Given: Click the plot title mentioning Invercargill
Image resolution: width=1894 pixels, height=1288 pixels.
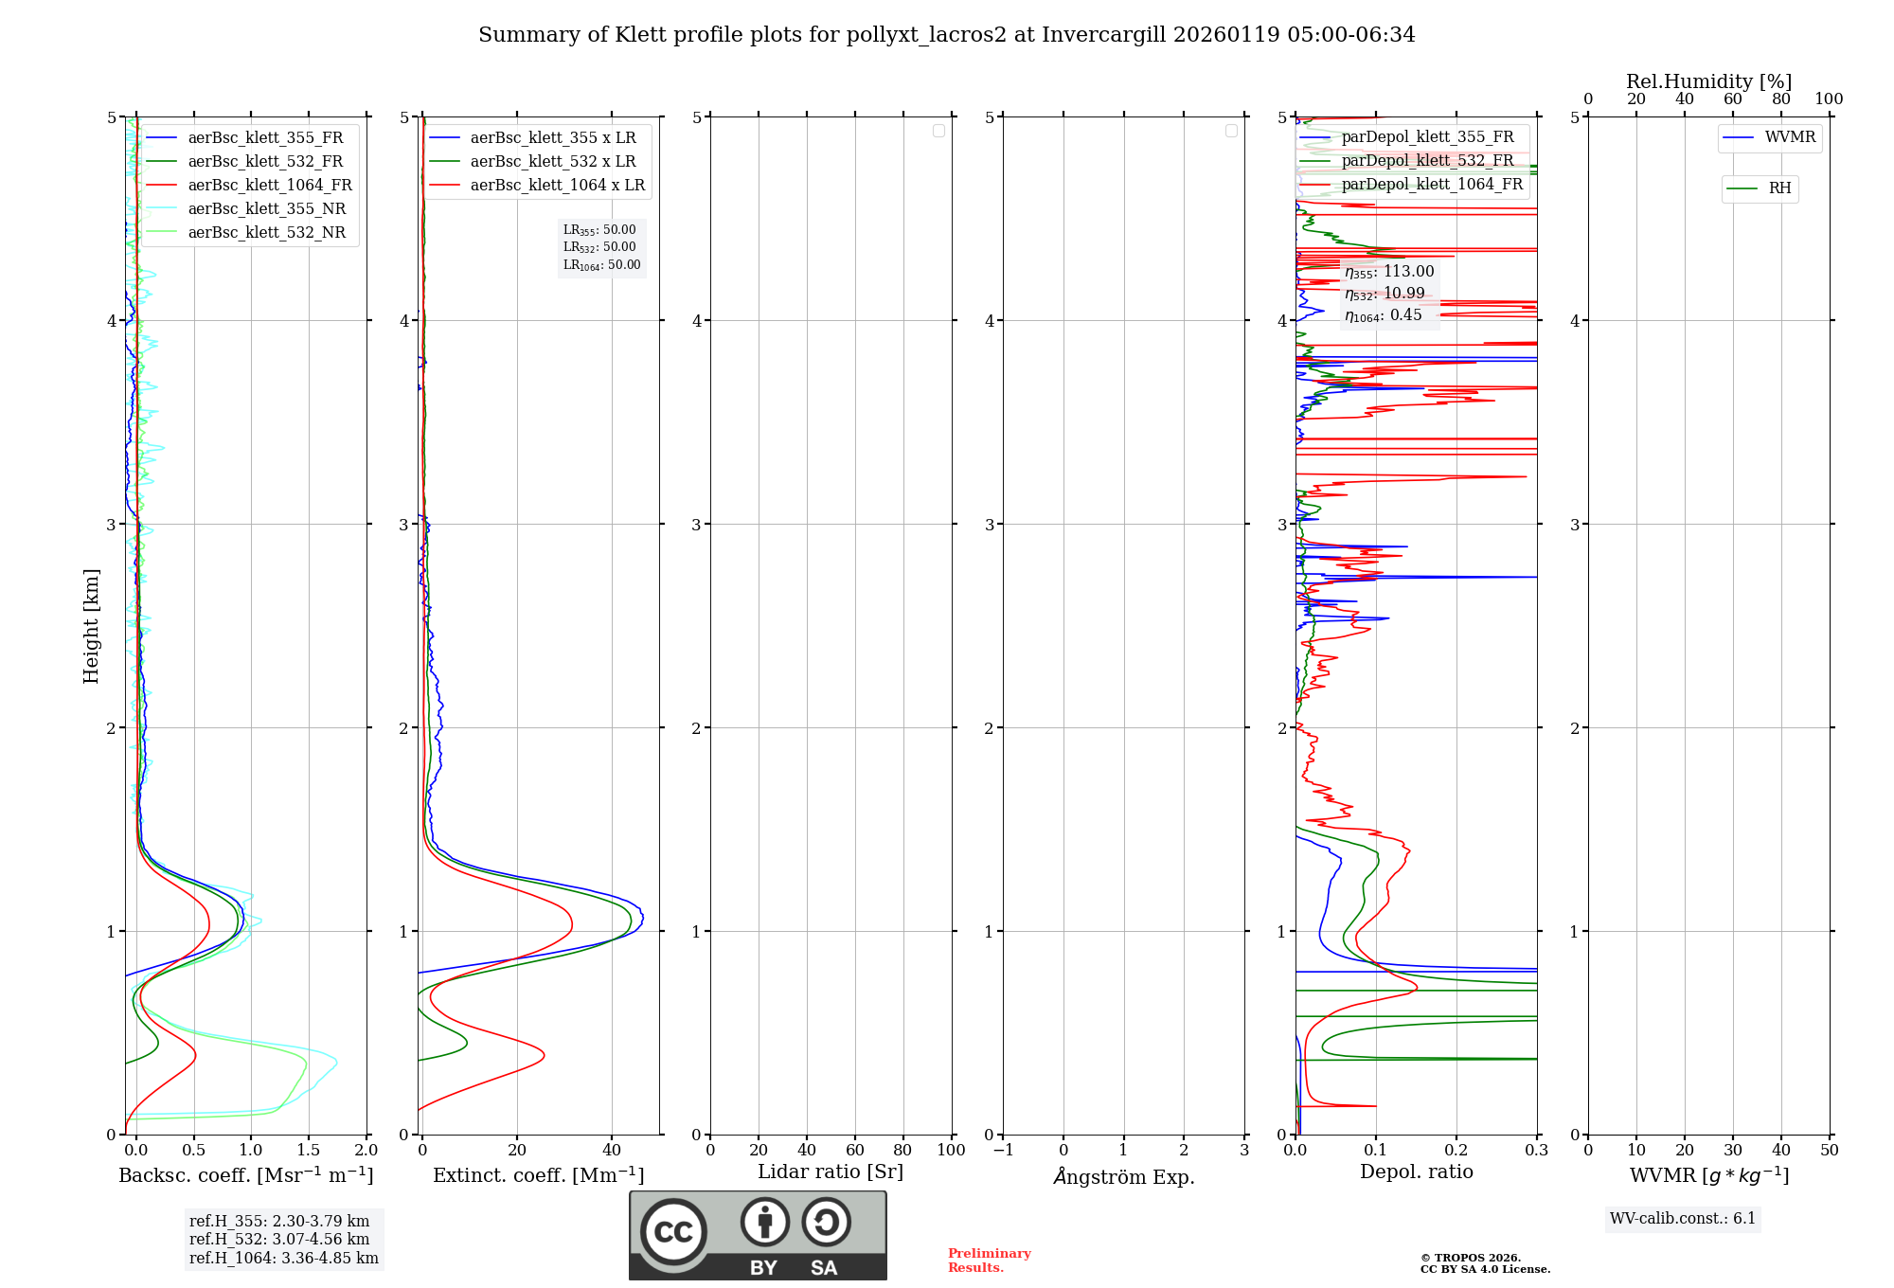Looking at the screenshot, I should (946, 35).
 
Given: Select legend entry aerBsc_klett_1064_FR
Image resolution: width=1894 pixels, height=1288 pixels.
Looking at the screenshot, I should (270, 185).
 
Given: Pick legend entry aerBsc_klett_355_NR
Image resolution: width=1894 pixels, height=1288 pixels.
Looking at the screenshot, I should (267, 208).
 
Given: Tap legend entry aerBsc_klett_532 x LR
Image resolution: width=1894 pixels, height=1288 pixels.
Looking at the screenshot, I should (553, 161).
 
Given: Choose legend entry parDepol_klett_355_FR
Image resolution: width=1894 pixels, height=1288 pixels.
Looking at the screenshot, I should (1427, 137).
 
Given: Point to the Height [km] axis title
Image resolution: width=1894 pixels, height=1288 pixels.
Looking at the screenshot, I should (91, 626).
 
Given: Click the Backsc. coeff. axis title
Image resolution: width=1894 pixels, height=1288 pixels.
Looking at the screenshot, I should (246, 1175).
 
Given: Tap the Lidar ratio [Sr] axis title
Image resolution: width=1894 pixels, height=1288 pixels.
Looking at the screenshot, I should (831, 1172).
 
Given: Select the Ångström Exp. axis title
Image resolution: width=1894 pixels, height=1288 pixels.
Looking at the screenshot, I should (1124, 1176).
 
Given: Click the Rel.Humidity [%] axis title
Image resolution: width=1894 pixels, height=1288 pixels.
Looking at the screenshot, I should (1708, 81).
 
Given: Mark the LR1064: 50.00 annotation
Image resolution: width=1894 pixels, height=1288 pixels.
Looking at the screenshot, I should (602, 265).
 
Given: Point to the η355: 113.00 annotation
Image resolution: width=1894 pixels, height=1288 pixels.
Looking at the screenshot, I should (1389, 272).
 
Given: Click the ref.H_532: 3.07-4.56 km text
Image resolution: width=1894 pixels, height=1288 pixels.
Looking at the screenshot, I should (279, 1239).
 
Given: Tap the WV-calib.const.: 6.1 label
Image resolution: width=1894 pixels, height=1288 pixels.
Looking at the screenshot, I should (1683, 1218).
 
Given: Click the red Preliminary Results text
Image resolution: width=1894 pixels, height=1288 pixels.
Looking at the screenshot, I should (989, 1260).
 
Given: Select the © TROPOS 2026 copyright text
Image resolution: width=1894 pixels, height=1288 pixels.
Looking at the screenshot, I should (1471, 1258).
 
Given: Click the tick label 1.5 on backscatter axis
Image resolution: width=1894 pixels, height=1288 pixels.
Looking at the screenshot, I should (309, 1150).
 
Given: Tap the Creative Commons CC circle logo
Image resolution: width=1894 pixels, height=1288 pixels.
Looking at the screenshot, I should (673, 1231).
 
